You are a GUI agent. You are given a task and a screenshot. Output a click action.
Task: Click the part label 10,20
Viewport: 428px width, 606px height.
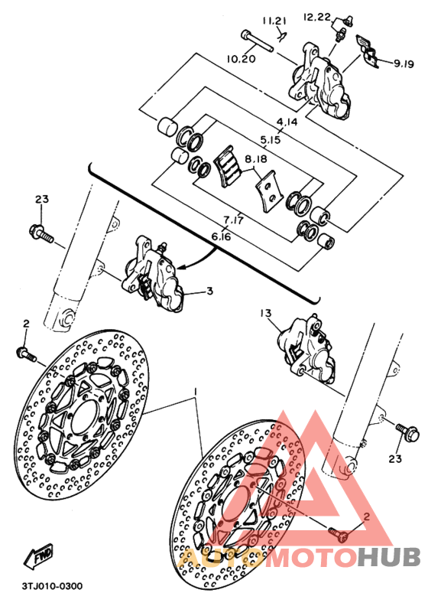pyautogui.click(x=241, y=59)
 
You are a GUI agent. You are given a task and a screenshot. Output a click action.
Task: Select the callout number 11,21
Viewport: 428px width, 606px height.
pyautogui.click(x=274, y=21)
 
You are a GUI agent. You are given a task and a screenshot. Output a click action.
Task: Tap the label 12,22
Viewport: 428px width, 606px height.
pyautogui.click(x=317, y=17)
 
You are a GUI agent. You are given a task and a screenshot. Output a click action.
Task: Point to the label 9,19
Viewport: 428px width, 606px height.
pyautogui.click(x=404, y=64)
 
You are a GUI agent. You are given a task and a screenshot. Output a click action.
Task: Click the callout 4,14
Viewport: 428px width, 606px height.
pyautogui.click(x=287, y=122)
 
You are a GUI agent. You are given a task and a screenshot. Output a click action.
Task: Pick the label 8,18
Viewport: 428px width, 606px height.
pyautogui.click(x=255, y=159)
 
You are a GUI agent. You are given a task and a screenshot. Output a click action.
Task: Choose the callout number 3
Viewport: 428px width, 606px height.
pyautogui.click(x=209, y=291)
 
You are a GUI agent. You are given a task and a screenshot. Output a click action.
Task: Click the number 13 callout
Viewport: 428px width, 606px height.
pyautogui.click(x=266, y=313)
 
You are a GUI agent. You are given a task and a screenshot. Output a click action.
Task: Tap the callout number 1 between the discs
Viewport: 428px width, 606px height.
pyautogui.click(x=196, y=393)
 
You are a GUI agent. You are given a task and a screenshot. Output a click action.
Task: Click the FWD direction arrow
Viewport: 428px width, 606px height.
pyautogui.click(x=38, y=558)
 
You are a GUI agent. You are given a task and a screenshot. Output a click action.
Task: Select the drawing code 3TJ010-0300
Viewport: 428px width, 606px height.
pyautogui.click(x=52, y=586)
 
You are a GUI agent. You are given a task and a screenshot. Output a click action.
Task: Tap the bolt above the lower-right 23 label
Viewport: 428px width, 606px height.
pyautogui.click(x=407, y=432)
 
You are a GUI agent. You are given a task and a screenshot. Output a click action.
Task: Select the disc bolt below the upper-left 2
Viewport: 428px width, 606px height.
pyautogui.click(x=26, y=355)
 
